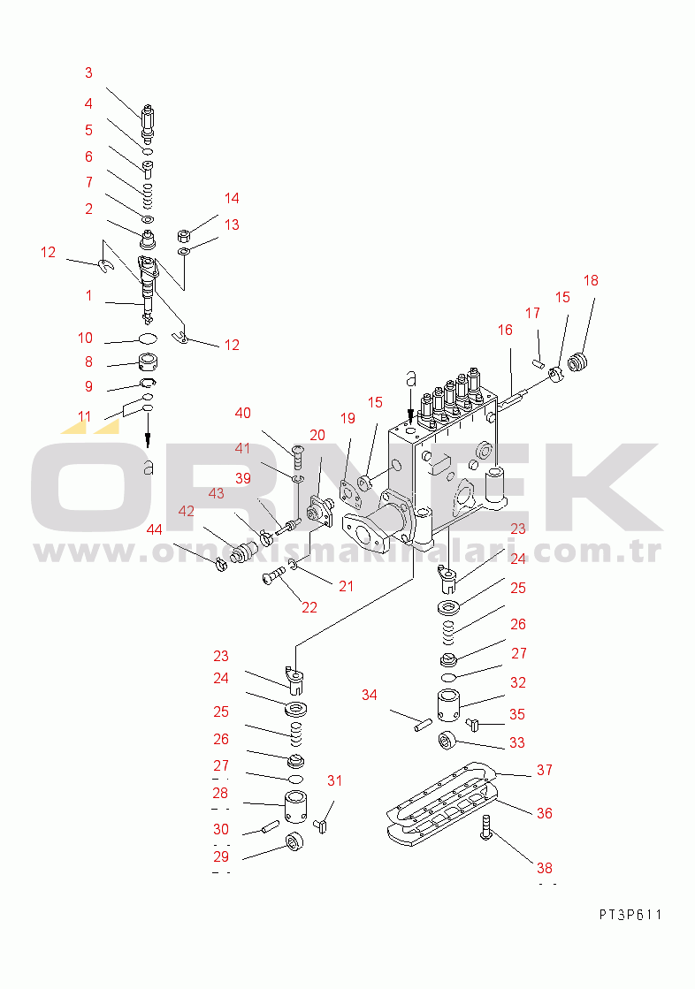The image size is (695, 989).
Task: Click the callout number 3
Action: [x=88, y=73]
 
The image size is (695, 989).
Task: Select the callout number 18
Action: [x=591, y=281]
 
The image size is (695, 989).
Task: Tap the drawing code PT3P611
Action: [x=629, y=915]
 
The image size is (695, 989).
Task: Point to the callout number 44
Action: [x=155, y=529]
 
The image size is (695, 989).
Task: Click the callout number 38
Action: [x=545, y=868]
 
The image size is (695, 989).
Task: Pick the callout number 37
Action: [x=545, y=771]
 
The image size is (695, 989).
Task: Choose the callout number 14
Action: [x=232, y=198]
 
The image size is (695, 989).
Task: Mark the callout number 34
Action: [x=369, y=696]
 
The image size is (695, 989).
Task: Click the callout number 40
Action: [x=243, y=413]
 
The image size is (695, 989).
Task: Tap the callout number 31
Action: [x=334, y=780]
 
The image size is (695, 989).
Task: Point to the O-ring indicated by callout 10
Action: [x=148, y=339]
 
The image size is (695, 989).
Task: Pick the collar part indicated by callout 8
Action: [x=147, y=361]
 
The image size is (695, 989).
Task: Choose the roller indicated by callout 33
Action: [x=447, y=740]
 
